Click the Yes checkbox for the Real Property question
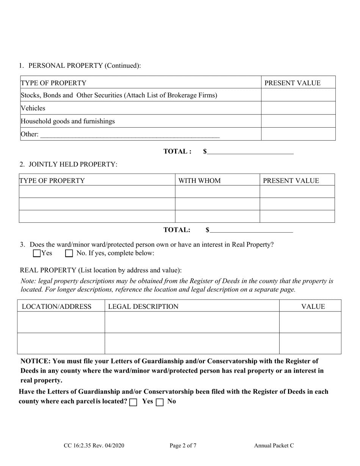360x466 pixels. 37,253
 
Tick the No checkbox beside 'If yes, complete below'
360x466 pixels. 69,253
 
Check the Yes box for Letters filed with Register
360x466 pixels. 133,402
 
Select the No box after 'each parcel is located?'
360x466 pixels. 160,402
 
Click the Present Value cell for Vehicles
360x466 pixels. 298,108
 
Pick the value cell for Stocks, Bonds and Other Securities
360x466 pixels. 298,95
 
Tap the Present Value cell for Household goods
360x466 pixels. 298,121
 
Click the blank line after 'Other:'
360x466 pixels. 130,134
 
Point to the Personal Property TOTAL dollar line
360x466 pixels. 250,152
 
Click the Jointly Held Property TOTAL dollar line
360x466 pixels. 251,230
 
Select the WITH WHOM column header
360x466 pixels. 199,181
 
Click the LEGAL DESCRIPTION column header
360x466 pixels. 143,306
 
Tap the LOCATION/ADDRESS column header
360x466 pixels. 56,306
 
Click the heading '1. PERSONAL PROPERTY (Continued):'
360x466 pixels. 80,66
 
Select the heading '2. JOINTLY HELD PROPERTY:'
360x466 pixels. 69,164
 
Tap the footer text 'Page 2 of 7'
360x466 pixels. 183,446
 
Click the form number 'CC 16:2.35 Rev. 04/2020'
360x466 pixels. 94,446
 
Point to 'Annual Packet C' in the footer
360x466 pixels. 274,446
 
